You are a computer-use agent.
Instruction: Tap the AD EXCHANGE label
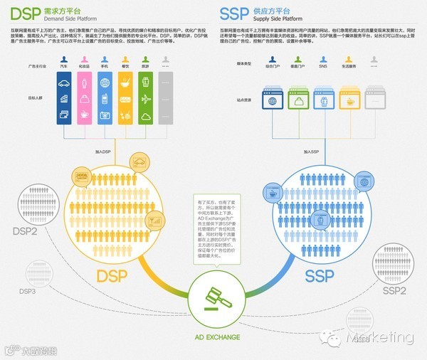click(213, 337)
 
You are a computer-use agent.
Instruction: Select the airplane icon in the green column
click(147, 99)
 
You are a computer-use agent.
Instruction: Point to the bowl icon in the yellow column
click(126, 83)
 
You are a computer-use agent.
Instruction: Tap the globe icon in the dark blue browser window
click(270, 102)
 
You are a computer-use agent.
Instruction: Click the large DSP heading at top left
click(19, 14)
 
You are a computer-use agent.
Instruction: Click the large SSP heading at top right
click(233, 14)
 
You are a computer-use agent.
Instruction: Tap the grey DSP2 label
click(26, 231)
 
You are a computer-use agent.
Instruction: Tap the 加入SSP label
click(311, 152)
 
